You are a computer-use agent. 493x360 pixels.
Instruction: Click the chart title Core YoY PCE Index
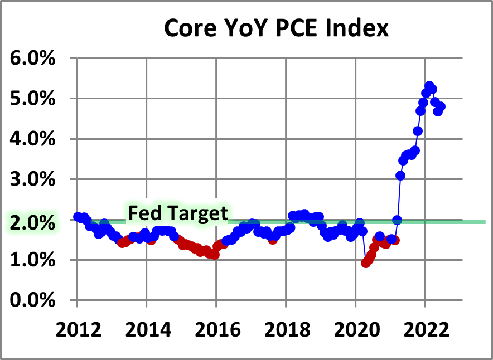point(276,28)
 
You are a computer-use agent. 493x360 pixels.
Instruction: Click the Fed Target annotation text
point(178,213)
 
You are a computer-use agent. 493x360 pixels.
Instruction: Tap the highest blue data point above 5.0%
point(429,86)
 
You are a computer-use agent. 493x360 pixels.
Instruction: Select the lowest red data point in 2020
point(366,262)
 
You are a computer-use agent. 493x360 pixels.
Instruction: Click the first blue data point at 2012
point(78,217)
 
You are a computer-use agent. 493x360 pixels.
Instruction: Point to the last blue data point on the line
point(441,106)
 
